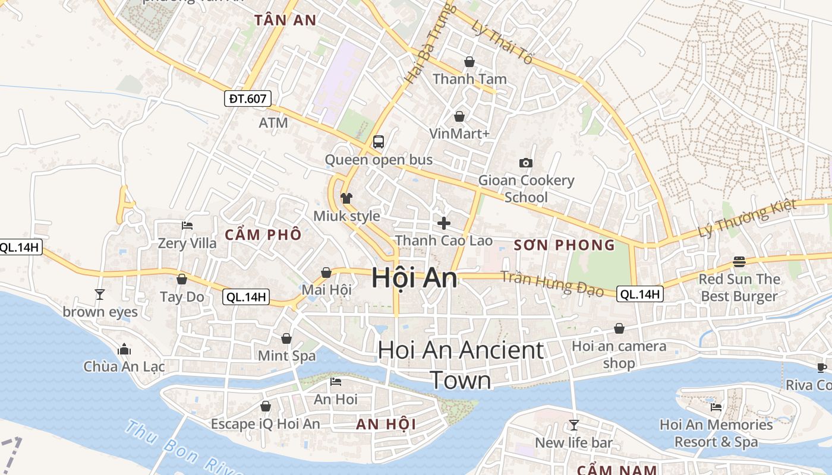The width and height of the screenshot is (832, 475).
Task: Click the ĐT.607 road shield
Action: point(248,99)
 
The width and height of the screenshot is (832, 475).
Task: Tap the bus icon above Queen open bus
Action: point(379,142)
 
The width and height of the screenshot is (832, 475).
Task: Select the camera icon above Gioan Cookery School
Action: point(526,163)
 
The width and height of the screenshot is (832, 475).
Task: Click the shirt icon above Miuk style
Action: point(346,198)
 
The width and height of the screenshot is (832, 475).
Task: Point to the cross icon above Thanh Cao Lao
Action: point(443,223)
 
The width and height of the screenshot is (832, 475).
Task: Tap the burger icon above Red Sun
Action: point(739,261)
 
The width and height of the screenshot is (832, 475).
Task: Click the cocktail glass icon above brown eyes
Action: point(100,294)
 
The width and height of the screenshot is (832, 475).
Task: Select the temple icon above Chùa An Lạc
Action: point(124,349)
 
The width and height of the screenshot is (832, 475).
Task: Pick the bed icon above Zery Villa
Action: point(187,226)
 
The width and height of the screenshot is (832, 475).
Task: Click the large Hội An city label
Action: point(414,278)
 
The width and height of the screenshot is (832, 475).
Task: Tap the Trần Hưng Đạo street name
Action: point(552,283)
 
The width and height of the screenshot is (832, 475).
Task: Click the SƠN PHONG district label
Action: point(564,245)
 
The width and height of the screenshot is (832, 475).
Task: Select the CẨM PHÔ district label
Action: point(263,235)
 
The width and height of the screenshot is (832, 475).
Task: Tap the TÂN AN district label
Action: point(285,20)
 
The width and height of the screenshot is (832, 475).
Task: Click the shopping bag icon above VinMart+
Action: point(459,116)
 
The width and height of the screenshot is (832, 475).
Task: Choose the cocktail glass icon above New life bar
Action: point(573,425)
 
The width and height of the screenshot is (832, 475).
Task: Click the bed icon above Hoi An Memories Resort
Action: point(716,407)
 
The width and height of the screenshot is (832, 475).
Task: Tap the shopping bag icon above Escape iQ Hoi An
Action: point(266,406)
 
